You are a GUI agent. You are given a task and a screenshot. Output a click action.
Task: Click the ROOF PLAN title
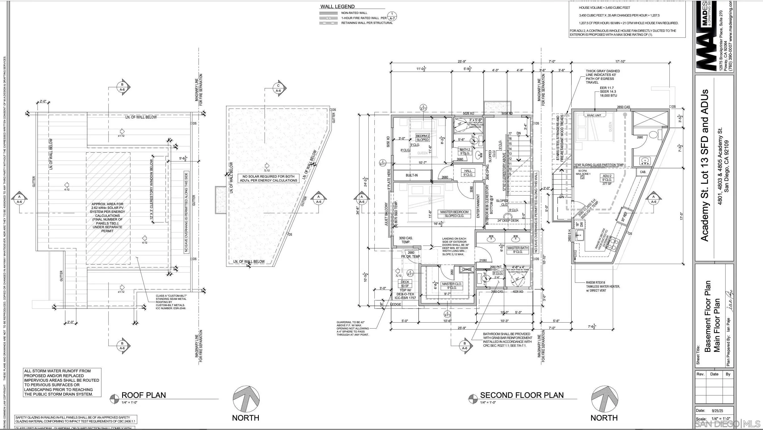tap(144, 395)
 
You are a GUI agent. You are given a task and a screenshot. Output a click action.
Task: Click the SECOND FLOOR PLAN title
tap(522, 395)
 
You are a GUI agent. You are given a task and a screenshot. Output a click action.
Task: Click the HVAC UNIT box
tap(594, 115)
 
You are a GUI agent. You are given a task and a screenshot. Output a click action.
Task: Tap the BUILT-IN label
tap(411, 175)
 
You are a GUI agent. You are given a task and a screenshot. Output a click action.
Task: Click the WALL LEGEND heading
tap(337, 7)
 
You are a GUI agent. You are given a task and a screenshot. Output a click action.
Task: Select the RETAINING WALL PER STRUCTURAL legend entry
tap(367, 23)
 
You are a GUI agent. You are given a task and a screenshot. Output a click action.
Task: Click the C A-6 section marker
tap(278, 88)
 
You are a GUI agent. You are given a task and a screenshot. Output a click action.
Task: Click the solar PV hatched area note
tap(108, 217)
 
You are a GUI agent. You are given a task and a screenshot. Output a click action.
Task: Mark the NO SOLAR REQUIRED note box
tap(268, 178)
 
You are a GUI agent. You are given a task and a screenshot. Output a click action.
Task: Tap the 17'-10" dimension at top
tap(620, 61)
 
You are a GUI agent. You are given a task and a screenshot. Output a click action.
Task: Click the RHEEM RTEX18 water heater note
tap(603, 286)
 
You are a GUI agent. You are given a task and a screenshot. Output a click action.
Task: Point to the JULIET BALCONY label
tap(386, 214)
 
